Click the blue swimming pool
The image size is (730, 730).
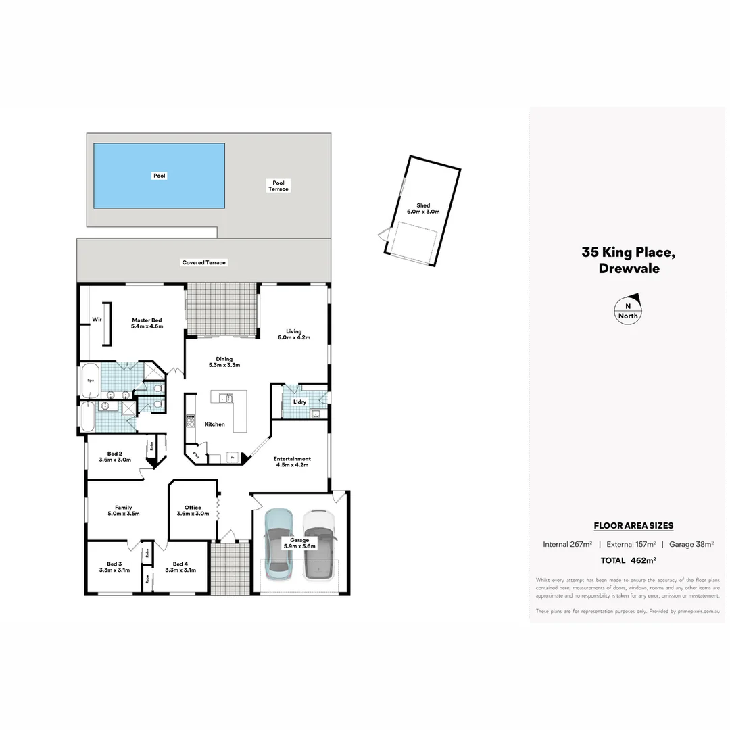(159, 176)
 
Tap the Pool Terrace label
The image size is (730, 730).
(278, 186)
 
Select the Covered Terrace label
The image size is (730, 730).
(203, 262)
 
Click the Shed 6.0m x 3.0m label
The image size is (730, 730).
(423, 208)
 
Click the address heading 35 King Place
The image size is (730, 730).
(628, 253)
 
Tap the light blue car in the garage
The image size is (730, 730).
(278, 544)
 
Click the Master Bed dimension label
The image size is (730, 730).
(147, 323)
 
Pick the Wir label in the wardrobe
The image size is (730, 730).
(97, 319)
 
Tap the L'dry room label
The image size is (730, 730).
(299, 402)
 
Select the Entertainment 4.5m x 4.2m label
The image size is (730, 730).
(292, 462)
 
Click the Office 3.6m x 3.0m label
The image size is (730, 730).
(193, 510)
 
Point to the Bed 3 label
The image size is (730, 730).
(114, 566)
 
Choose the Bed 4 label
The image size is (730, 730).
(180, 566)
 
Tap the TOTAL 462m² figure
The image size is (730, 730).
(629, 560)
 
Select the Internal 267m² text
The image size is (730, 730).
(567, 544)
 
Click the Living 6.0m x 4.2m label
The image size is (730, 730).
(293, 334)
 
